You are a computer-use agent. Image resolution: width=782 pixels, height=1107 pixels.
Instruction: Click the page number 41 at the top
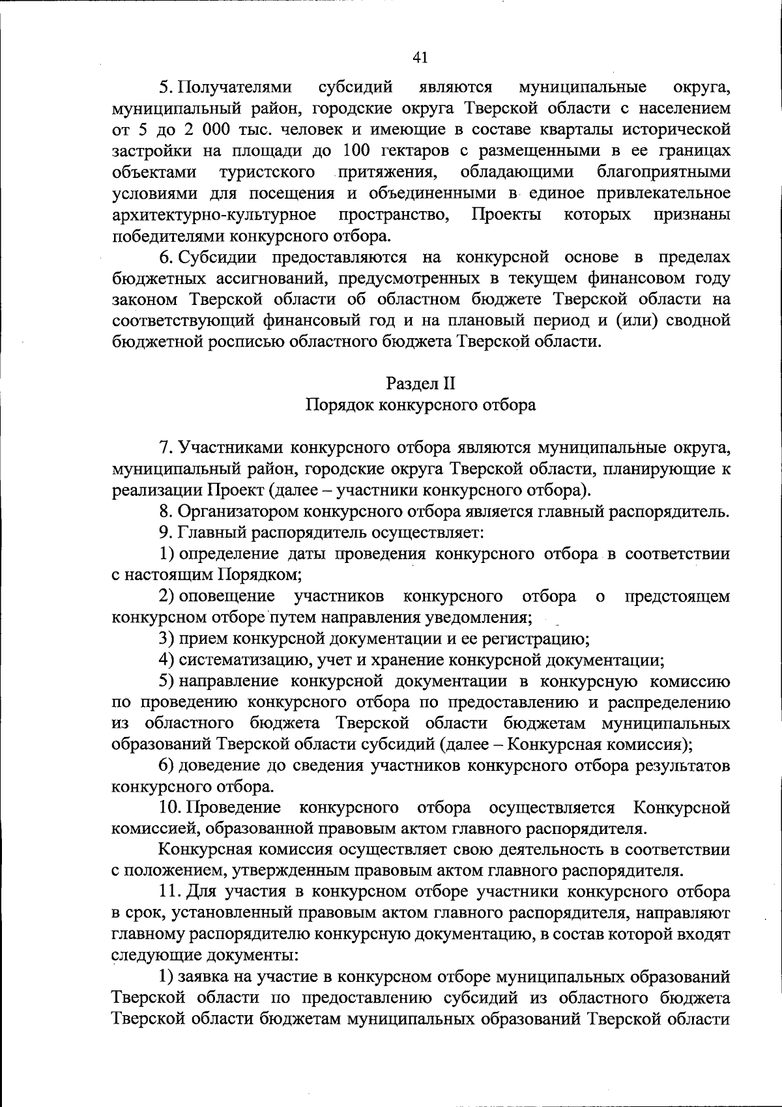coord(420,58)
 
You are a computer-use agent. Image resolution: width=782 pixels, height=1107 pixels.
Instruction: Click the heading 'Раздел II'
coord(420,383)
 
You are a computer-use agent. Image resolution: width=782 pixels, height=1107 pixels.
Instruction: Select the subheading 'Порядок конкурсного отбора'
coord(420,405)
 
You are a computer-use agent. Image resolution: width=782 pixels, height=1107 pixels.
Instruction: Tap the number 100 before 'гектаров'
coord(356,151)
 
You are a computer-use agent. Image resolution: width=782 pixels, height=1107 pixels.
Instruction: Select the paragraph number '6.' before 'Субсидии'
coord(167,257)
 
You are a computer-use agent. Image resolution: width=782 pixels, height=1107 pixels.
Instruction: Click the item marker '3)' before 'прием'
coord(167,639)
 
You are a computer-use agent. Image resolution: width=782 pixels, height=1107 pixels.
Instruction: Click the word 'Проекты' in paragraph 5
coord(506,214)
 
